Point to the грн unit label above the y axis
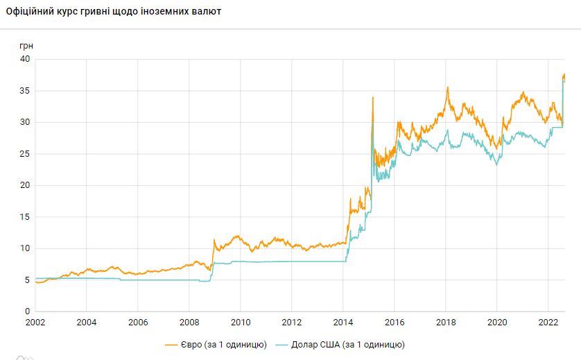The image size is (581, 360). pyautogui.click(x=26, y=45)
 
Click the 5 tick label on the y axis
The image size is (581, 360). pyautogui.click(x=27, y=280)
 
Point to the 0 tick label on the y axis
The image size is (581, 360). pyautogui.click(x=27, y=311)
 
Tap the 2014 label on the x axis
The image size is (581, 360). pyautogui.click(x=343, y=322)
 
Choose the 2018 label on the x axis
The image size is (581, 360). pyautogui.click(x=446, y=322)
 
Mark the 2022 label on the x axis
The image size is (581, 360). pyautogui.click(x=548, y=322)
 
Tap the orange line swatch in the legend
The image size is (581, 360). pyautogui.click(x=172, y=344)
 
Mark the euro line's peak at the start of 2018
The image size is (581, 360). pyautogui.click(x=448, y=87)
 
